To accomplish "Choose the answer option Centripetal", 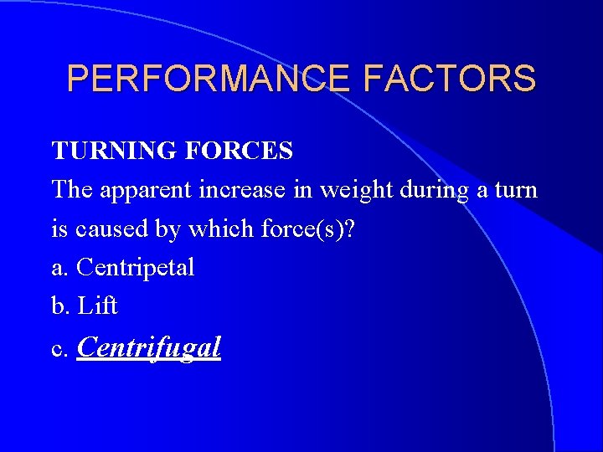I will click(x=135, y=268).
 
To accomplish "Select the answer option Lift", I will click(x=98, y=306).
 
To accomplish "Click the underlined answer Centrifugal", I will click(x=148, y=347).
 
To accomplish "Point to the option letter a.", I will click(x=59, y=268).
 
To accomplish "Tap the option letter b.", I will click(x=59, y=306).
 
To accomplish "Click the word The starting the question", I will click(x=73, y=189).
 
